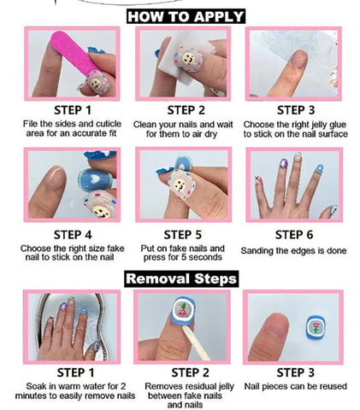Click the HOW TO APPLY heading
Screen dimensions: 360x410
186,16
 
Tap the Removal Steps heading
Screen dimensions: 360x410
181,278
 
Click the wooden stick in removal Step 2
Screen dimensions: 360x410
197,343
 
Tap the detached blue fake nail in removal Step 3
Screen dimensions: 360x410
316,326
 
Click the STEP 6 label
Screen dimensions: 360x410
293,235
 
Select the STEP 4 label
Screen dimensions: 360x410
73,235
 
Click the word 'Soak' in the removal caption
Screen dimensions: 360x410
36,386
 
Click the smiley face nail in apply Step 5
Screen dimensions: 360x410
180,184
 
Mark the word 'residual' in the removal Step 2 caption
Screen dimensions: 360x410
202,386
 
